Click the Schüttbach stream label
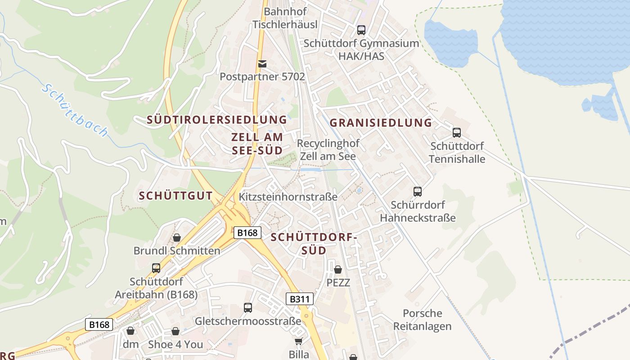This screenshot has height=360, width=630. (75, 110)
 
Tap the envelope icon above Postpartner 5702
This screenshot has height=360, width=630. (262, 64)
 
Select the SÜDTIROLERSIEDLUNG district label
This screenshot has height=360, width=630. (217, 120)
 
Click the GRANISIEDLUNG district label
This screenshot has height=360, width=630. (381, 123)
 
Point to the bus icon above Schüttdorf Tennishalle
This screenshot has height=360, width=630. (457, 133)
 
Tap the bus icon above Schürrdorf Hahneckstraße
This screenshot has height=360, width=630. (418, 192)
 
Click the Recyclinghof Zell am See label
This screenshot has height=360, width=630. (328, 150)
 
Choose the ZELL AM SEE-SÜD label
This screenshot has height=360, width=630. (257, 144)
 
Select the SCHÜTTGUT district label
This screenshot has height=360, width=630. (175, 196)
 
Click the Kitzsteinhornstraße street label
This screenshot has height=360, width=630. (288, 197)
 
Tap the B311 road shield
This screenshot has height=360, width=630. (299, 299)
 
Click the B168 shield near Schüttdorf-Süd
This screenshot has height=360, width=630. (247, 233)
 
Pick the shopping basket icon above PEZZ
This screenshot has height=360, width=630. (338, 270)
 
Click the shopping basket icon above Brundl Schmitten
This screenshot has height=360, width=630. (177, 237)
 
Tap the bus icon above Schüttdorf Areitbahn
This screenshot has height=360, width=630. (156, 268)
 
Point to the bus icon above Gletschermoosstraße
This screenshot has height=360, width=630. (248, 308)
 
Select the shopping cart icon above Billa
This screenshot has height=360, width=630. (298, 342)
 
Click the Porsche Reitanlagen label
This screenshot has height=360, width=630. (422, 319)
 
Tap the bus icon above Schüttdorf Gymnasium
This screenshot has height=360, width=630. (361, 30)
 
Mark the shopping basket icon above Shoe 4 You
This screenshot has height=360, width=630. (175, 331)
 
